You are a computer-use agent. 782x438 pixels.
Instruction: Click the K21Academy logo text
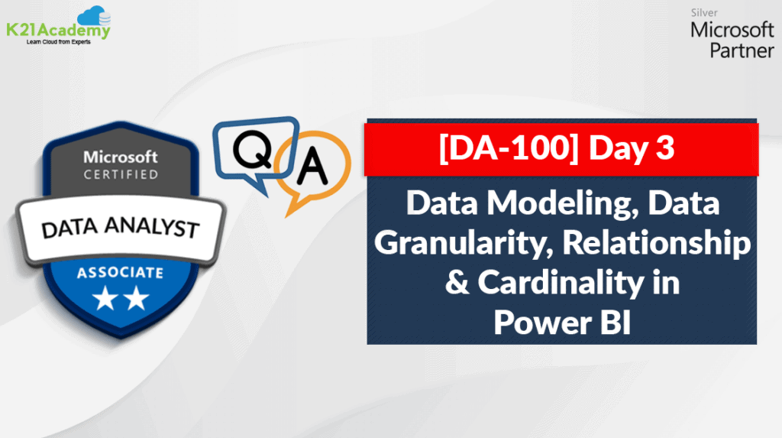58,30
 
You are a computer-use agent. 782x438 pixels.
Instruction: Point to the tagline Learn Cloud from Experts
58,42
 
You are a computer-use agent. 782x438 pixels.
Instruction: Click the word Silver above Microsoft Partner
703,13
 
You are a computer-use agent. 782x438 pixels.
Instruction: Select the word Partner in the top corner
742,50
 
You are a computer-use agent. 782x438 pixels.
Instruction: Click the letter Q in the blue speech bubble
253,148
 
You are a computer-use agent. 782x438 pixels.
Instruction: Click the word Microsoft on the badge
121,157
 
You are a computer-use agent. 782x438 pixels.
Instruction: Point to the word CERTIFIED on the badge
121,174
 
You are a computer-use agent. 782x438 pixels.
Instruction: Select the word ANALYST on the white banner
153,227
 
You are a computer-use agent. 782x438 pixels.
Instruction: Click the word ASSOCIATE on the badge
120,273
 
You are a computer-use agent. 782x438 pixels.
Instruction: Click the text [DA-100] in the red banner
508,148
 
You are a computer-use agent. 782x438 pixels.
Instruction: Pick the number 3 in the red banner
665,148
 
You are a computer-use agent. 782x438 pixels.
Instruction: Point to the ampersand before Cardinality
457,282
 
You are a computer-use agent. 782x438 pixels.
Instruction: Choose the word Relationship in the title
657,243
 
